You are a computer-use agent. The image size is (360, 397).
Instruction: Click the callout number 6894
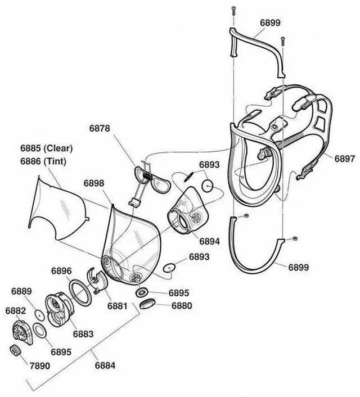tap(209, 241)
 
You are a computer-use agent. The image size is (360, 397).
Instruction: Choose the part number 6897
tap(345, 159)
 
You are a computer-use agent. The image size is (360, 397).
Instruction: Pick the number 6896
tap(62, 271)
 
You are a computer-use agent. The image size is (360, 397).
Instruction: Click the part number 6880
tap(181, 306)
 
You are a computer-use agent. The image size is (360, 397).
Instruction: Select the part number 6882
tap(16, 310)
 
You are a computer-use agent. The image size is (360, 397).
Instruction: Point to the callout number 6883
tap(83, 334)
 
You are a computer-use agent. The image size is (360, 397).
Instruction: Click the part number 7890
tap(39, 366)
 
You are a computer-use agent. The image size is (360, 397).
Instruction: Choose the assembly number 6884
tap(105, 366)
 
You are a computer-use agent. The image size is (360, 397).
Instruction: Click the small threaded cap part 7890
tap(16, 351)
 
